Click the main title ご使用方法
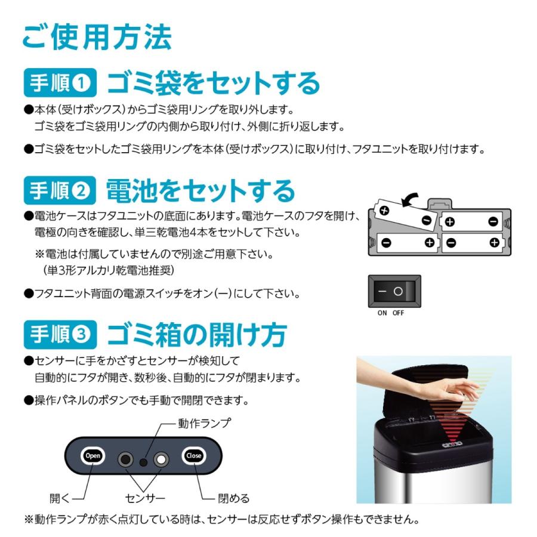point(97,37)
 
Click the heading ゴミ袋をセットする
point(213,84)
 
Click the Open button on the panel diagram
point(93,456)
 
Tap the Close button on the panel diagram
point(193,456)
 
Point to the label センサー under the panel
point(145,498)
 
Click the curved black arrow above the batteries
point(409,202)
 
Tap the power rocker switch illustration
point(394,292)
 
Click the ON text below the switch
point(382,313)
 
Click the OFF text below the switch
point(398,313)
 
